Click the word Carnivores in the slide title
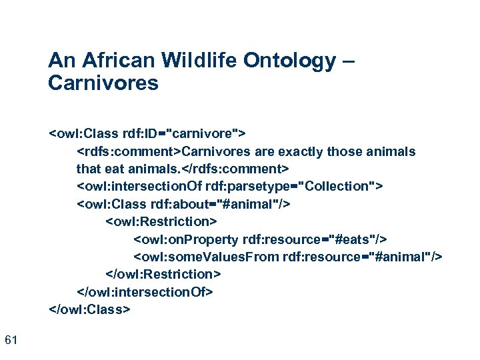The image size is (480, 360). [x=103, y=83]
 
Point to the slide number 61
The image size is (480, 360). [x=11, y=341]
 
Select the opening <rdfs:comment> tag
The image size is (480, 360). [x=129, y=151]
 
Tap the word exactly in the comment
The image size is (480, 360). [x=291, y=151]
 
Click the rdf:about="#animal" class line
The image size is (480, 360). [x=183, y=203]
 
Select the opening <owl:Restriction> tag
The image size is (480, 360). [x=161, y=221]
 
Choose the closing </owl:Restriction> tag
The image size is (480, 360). [x=163, y=274]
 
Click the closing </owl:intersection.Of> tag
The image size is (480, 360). [x=145, y=292]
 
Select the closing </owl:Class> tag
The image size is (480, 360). [x=90, y=309]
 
